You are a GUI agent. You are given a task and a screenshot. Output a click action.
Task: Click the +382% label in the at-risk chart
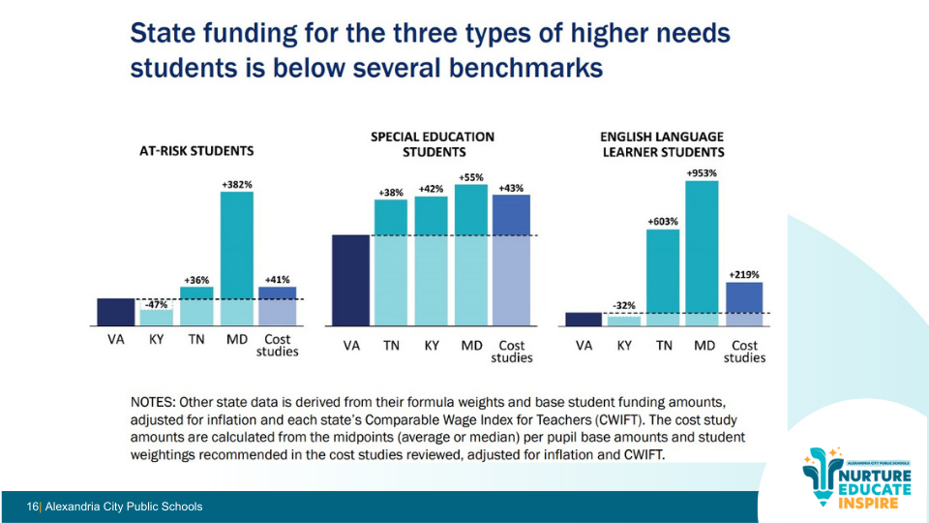[236, 183]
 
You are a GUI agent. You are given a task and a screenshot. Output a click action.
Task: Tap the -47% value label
[156, 303]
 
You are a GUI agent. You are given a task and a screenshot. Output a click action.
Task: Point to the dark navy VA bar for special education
[350, 280]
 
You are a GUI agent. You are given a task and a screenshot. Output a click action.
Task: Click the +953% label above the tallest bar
[703, 172]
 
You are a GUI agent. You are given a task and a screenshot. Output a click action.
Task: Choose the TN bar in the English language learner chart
[663, 277]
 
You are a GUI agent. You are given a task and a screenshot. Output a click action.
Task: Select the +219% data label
[744, 274]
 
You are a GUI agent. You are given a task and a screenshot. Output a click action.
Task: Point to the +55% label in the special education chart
[471, 177]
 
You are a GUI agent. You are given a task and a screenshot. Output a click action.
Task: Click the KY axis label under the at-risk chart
[156, 341]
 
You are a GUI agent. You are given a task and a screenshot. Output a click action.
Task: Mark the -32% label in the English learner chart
[624, 306]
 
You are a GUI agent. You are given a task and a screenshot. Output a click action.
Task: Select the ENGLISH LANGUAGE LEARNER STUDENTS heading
[662, 144]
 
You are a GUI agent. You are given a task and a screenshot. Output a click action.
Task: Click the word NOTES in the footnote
[155, 401]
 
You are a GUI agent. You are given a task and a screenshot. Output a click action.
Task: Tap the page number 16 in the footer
[33, 507]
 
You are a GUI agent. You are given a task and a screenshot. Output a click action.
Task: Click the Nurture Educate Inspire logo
[856, 480]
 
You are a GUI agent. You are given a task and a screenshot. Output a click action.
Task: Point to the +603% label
[663, 222]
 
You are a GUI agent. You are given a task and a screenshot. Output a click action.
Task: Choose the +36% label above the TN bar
[196, 280]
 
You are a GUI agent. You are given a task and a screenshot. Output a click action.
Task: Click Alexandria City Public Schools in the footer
[124, 507]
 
